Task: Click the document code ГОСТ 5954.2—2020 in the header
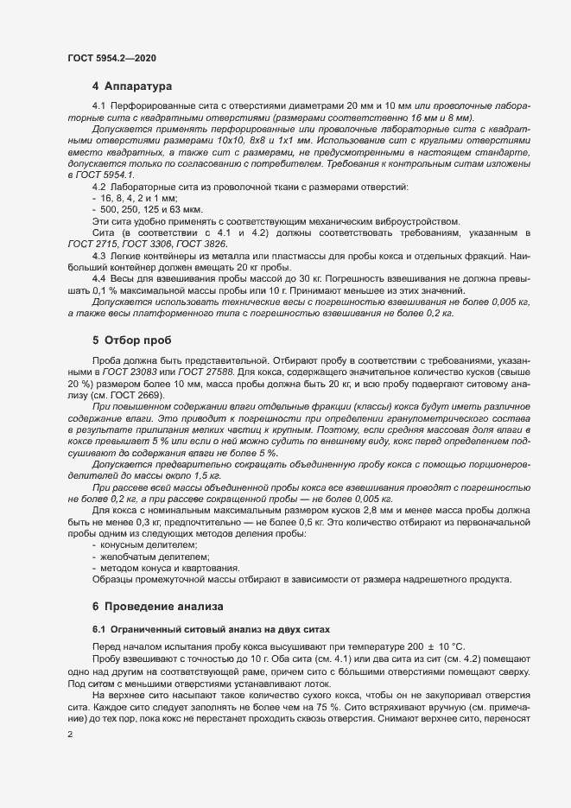point(112,58)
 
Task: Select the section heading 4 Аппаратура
point(132,87)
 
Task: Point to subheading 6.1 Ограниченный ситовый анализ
point(213,628)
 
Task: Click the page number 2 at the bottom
point(70,735)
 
